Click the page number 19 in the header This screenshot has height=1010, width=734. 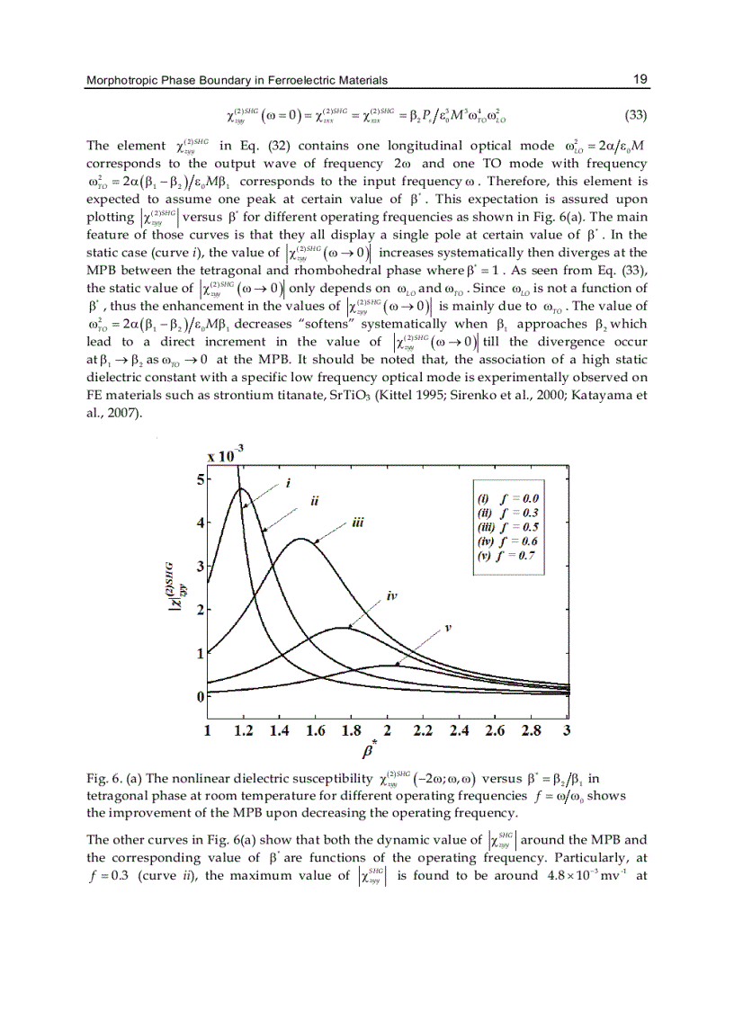coord(640,80)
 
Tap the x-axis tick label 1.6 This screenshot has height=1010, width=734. coord(315,731)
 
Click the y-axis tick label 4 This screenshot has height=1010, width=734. coord(199,523)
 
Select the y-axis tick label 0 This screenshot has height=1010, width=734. coord(199,697)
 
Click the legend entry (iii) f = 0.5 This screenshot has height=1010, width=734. coord(509,528)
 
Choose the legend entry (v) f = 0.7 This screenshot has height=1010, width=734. coord(509,557)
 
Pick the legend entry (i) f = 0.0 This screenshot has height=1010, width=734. coord(509,499)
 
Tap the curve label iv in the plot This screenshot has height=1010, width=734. coord(391,596)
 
